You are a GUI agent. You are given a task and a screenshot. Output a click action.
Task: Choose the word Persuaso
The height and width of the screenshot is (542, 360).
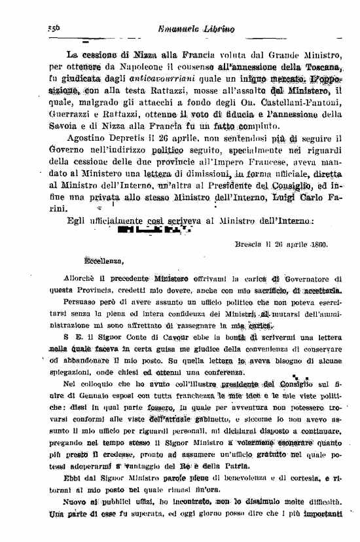pos(83,304)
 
